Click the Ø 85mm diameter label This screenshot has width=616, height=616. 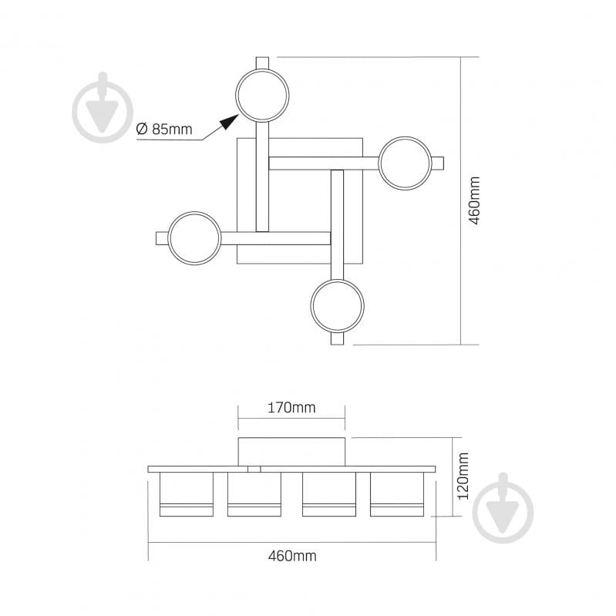163,129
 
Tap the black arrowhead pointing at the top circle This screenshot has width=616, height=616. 230,122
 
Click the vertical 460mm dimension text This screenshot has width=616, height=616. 475,200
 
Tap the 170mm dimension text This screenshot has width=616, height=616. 291,408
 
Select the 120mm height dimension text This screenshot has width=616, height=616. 463,476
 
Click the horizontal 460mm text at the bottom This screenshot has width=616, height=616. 292,556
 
